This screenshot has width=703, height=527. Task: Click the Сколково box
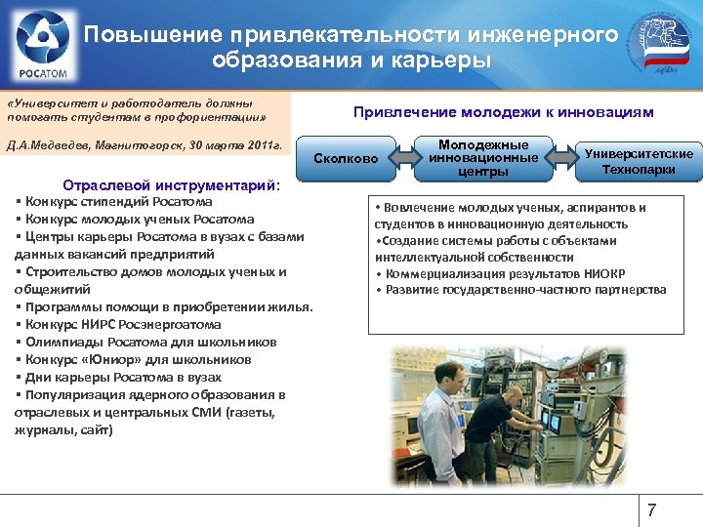[345, 158]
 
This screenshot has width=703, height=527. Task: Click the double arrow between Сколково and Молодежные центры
[406, 157]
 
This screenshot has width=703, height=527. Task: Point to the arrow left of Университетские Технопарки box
[563, 156]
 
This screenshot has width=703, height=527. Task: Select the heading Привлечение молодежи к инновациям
[503, 112]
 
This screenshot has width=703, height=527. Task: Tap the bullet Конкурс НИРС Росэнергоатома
[123, 324]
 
